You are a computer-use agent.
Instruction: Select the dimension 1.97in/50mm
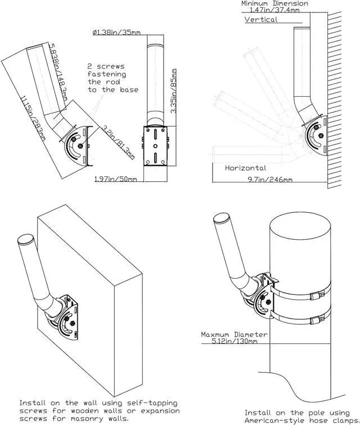point(116,179)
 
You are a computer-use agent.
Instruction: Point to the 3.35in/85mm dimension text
point(175,92)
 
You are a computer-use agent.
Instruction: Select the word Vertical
point(261,20)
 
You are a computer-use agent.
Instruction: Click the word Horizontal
point(245,168)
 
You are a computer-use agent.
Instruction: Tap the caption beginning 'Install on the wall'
point(98,410)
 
